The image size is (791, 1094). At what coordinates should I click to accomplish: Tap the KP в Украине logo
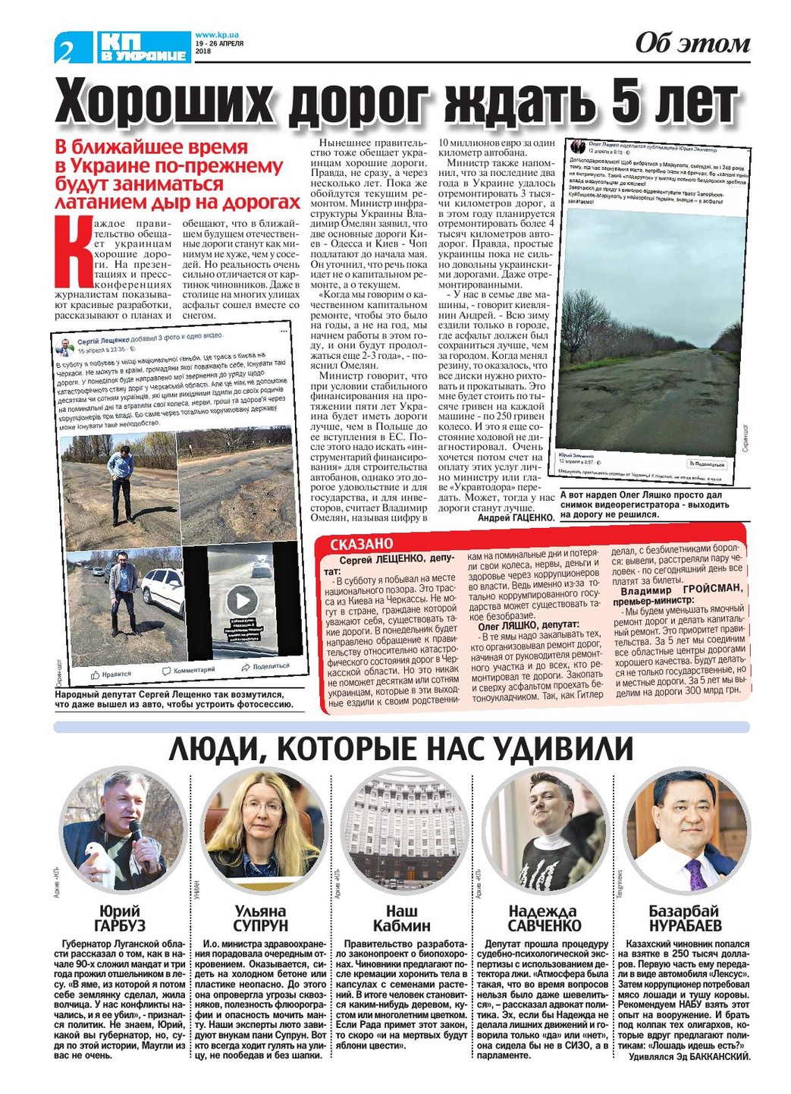(x=143, y=47)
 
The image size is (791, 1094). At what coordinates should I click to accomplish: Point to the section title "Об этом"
(x=692, y=43)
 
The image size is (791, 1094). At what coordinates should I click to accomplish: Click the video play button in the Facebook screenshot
(x=242, y=601)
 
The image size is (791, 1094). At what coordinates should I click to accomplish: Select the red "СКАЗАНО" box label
(x=362, y=544)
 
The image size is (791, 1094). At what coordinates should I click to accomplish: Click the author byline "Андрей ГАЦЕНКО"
(x=516, y=517)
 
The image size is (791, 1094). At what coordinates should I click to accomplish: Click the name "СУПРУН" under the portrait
(x=260, y=926)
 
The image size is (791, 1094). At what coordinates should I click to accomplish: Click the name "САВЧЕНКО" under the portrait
(x=544, y=926)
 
